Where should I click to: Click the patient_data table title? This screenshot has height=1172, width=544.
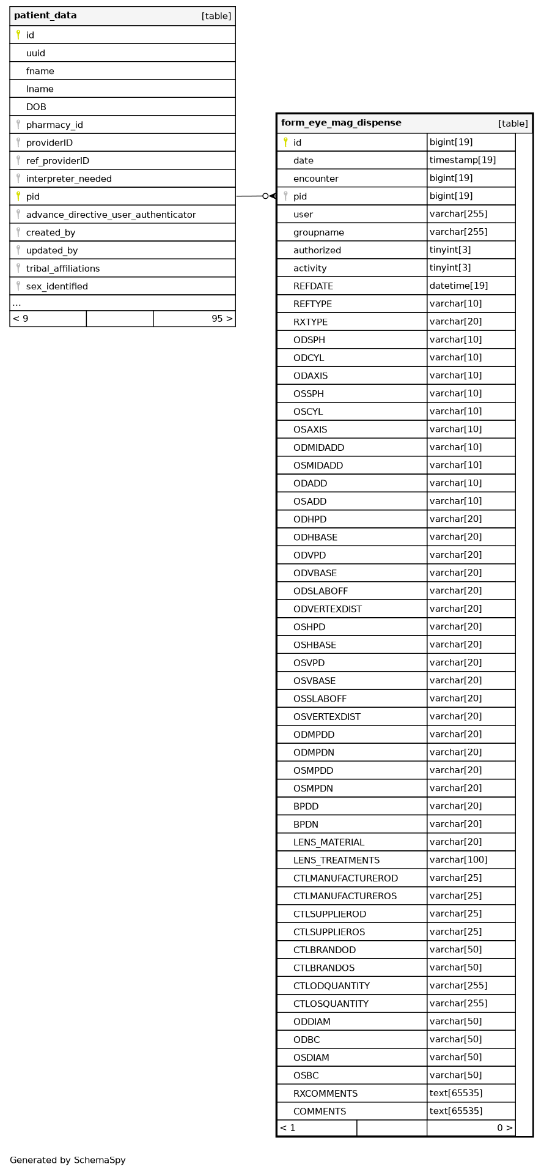[x=45, y=16]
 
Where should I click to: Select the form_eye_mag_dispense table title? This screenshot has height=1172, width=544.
[x=341, y=123]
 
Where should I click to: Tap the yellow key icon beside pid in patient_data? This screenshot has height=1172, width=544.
[x=18, y=196]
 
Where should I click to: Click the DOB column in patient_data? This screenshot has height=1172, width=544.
[x=36, y=107]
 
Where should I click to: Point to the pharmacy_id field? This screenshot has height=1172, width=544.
[x=54, y=125]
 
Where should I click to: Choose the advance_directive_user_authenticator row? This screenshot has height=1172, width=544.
[x=111, y=215]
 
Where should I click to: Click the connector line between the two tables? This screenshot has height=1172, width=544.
[x=251, y=196]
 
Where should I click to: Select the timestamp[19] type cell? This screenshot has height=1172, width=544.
[x=462, y=160]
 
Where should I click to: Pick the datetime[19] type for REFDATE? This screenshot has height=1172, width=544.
[x=458, y=286]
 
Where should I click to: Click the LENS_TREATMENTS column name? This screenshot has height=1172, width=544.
[x=336, y=860]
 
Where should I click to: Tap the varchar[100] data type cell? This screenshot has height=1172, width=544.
[x=458, y=860]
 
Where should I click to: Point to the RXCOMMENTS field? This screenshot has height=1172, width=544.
[x=325, y=1093]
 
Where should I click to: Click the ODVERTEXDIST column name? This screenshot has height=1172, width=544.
[x=328, y=609]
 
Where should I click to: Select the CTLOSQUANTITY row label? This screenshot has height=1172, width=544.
[x=331, y=1004]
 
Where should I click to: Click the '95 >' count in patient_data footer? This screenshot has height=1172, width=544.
[x=222, y=319]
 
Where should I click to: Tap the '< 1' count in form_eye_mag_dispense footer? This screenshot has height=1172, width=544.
[x=287, y=1128]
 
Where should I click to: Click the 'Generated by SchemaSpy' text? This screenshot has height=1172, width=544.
[x=67, y=1160]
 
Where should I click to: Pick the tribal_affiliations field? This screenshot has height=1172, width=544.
[x=63, y=269]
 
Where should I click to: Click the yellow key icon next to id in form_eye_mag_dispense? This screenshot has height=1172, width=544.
[x=285, y=143]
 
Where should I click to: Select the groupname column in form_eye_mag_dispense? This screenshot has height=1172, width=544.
[x=318, y=232]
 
